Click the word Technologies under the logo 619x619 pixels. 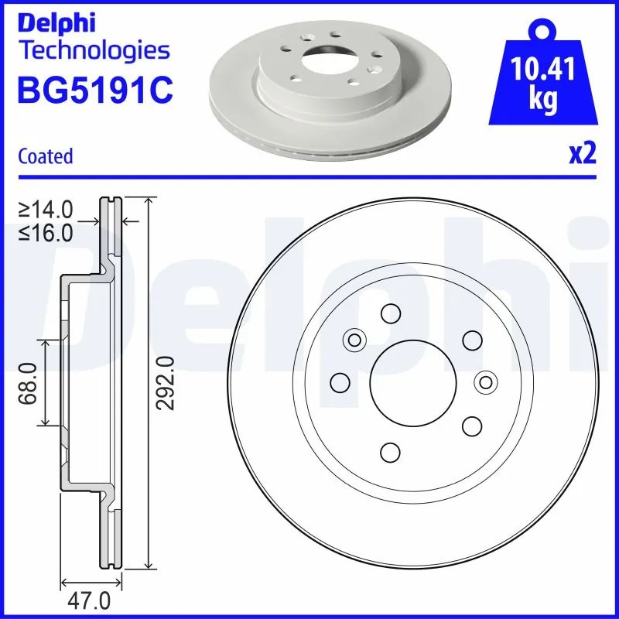point(93,51)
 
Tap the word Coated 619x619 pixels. point(46,156)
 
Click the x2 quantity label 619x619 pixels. point(583,154)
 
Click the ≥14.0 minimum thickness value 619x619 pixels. point(46,208)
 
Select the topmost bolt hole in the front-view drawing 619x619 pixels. point(390,314)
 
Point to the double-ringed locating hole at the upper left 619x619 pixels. point(355,339)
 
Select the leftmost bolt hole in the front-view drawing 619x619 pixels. point(339,382)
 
